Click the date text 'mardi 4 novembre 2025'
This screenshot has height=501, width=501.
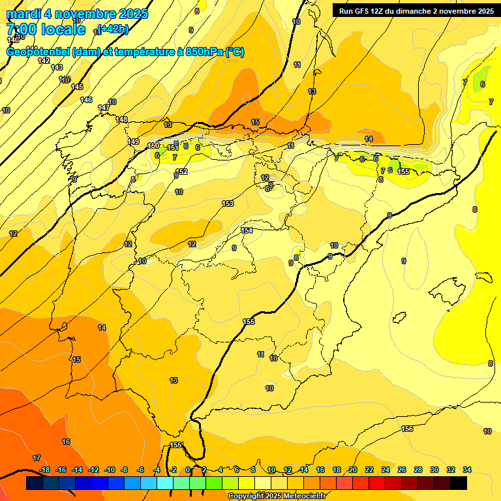(77, 14)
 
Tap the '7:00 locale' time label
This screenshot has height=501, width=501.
(45, 29)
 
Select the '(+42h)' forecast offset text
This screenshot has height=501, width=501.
(113, 29)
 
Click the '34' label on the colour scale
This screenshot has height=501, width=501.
(467, 470)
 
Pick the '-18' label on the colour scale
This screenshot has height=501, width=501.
(44, 470)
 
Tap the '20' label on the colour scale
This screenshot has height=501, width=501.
(353, 470)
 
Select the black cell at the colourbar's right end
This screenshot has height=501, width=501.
(459, 483)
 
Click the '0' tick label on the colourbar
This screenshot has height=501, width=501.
(189, 470)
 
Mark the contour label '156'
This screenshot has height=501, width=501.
(407, 429)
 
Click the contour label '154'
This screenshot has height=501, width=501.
(247, 230)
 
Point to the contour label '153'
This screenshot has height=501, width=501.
(228, 204)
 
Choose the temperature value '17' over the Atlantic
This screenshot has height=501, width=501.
(37, 458)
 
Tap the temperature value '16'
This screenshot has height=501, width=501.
(66, 442)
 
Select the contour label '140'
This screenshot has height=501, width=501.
(13, 40)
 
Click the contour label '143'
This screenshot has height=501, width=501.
(57, 67)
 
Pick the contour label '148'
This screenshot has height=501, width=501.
(121, 119)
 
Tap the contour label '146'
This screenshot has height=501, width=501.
(86, 100)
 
